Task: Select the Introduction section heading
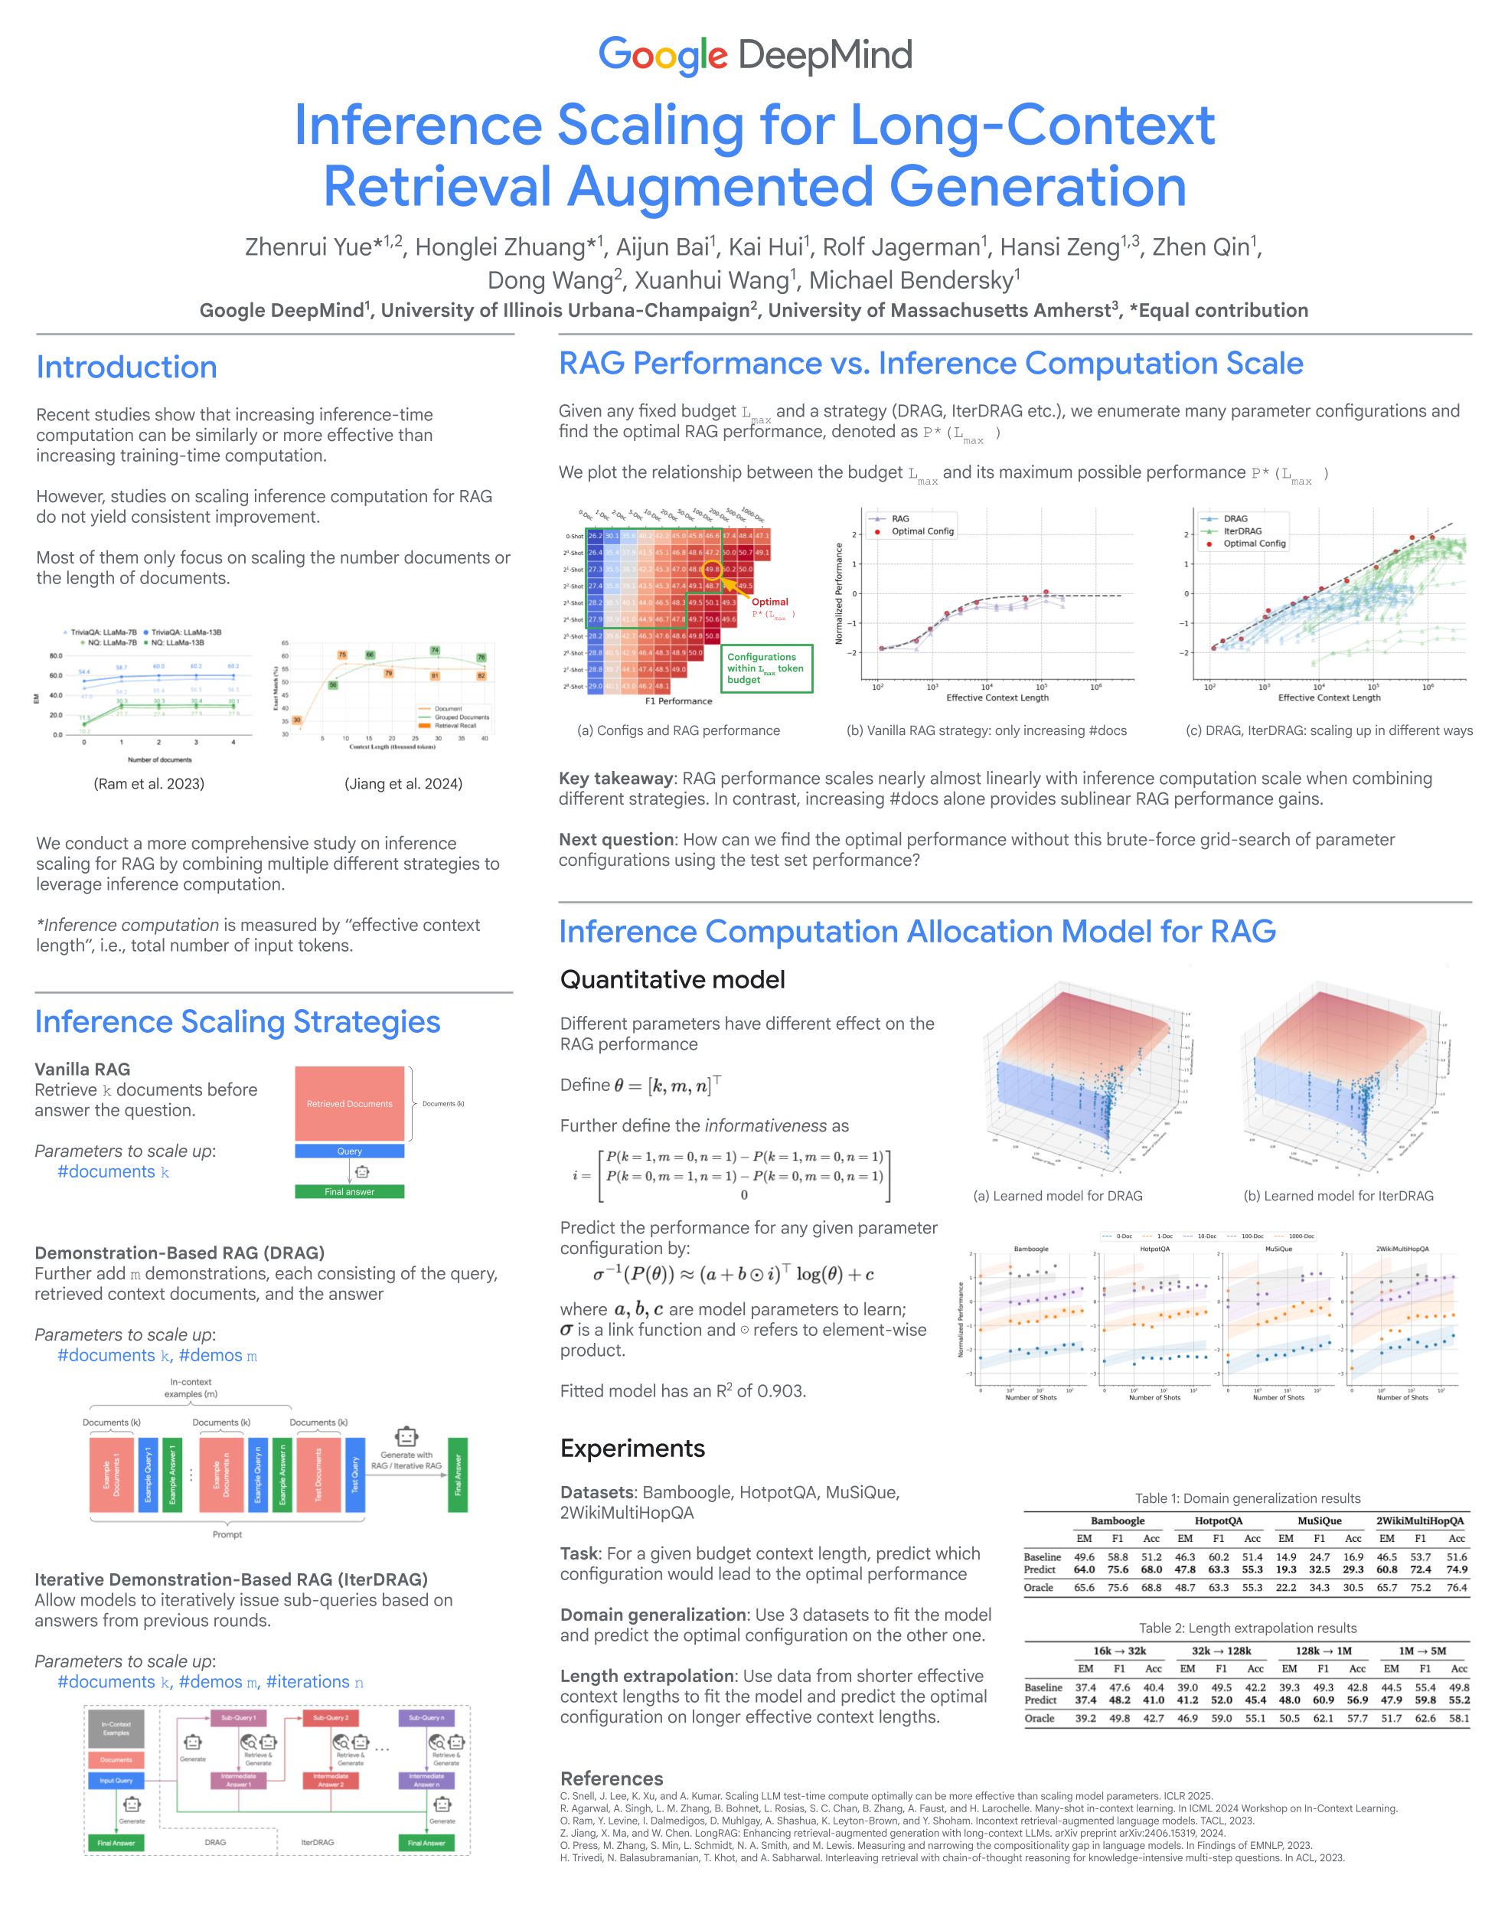(x=126, y=367)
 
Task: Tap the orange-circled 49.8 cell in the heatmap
(x=712, y=570)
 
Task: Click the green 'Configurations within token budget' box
(x=766, y=668)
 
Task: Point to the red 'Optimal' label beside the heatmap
(x=770, y=602)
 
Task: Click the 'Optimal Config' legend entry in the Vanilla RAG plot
(x=922, y=531)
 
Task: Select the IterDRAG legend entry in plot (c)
(x=1242, y=531)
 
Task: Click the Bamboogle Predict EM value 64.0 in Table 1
(x=1084, y=1569)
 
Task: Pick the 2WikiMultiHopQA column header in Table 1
(x=1420, y=1520)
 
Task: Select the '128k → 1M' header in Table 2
(x=1323, y=1650)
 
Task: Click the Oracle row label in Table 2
(x=1040, y=1718)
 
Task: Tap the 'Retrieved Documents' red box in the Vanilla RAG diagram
(x=350, y=1103)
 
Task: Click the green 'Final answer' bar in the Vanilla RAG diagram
(x=350, y=1192)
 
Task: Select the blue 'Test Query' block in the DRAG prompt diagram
(x=355, y=1475)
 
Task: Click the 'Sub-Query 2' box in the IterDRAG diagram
(x=330, y=1718)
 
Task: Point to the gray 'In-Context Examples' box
(x=116, y=1729)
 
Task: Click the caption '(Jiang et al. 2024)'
(x=403, y=784)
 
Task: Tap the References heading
(x=612, y=1778)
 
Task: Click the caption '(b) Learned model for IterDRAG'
(x=1339, y=1195)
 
